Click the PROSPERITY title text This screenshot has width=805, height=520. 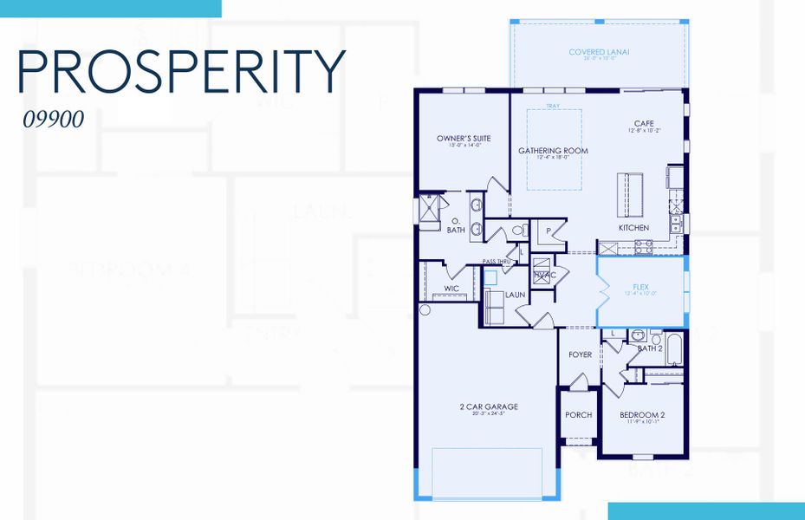click(181, 72)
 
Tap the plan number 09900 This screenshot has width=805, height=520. click(54, 120)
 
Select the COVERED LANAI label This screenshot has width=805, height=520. click(599, 52)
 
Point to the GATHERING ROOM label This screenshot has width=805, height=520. click(553, 152)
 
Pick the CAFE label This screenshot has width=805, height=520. click(645, 124)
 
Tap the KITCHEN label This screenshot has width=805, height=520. click(633, 228)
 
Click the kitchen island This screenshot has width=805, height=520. click(630, 191)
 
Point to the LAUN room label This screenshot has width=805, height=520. click(516, 296)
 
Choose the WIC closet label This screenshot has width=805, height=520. click(451, 288)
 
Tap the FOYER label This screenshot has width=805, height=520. click(580, 354)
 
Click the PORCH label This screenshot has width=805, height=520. click(578, 415)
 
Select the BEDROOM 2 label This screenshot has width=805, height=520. click(642, 415)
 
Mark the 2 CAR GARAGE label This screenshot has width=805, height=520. click(489, 406)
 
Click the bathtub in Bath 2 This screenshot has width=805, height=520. click(673, 348)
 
